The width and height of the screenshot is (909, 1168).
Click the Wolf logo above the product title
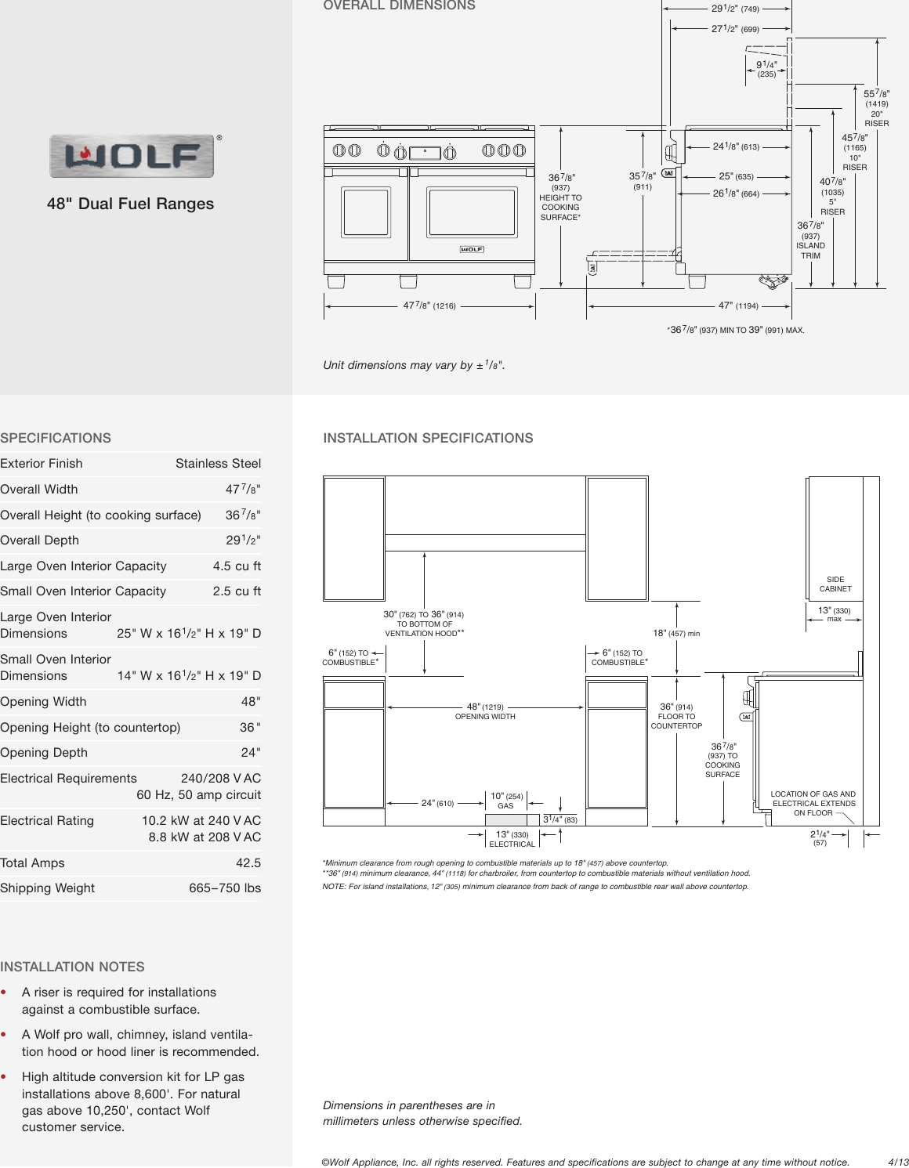[x=132, y=156]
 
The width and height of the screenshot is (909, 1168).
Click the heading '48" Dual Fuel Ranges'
[x=130, y=204]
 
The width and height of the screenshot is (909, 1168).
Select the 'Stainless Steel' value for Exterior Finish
[x=218, y=464]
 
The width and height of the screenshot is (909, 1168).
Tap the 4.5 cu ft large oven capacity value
[x=237, y=566]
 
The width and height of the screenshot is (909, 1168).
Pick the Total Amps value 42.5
[x=248, y=863]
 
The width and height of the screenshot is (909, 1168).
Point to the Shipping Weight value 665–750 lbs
[x=225, y=888]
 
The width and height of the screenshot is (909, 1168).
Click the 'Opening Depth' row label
[x=44, y=753]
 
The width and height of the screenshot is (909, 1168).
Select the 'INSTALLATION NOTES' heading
[x=72, y=967]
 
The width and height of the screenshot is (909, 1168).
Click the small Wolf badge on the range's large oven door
[x=472, y=249]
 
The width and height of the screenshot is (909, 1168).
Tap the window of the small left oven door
[x=366, y=212]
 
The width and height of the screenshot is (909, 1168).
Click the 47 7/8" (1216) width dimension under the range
[x=429, y=306]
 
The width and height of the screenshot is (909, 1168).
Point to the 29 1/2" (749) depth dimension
[x=734, y=9]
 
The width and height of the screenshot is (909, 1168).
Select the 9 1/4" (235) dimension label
[x=766, y=69]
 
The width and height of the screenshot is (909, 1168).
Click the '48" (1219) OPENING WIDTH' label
[x=485, y=711]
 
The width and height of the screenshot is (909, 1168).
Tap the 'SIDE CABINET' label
[x=835, y=584]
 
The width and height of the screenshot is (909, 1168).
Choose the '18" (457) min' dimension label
[x=676, y=633]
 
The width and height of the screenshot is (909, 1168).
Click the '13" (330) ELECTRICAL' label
[x=512, y=839]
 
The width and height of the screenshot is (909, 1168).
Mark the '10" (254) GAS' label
[x=506, y=801]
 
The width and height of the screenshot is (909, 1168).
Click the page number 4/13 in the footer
[x=898, y=1163]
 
